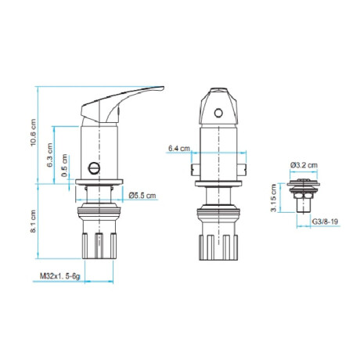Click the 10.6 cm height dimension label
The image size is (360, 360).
pos(33,132)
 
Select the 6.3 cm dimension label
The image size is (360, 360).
pos(50,155)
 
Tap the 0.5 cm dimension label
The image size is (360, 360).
pos(64,165)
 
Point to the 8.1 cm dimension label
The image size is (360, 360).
pos(33,221)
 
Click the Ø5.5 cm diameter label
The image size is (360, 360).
pos(142,196)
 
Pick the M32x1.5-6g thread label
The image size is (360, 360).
pos(59,276)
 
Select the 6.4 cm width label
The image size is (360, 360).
pos(179,149)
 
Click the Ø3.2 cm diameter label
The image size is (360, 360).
pos(304,165)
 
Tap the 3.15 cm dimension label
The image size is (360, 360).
pos(273,198)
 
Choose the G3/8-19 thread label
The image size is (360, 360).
pos(325,221)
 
